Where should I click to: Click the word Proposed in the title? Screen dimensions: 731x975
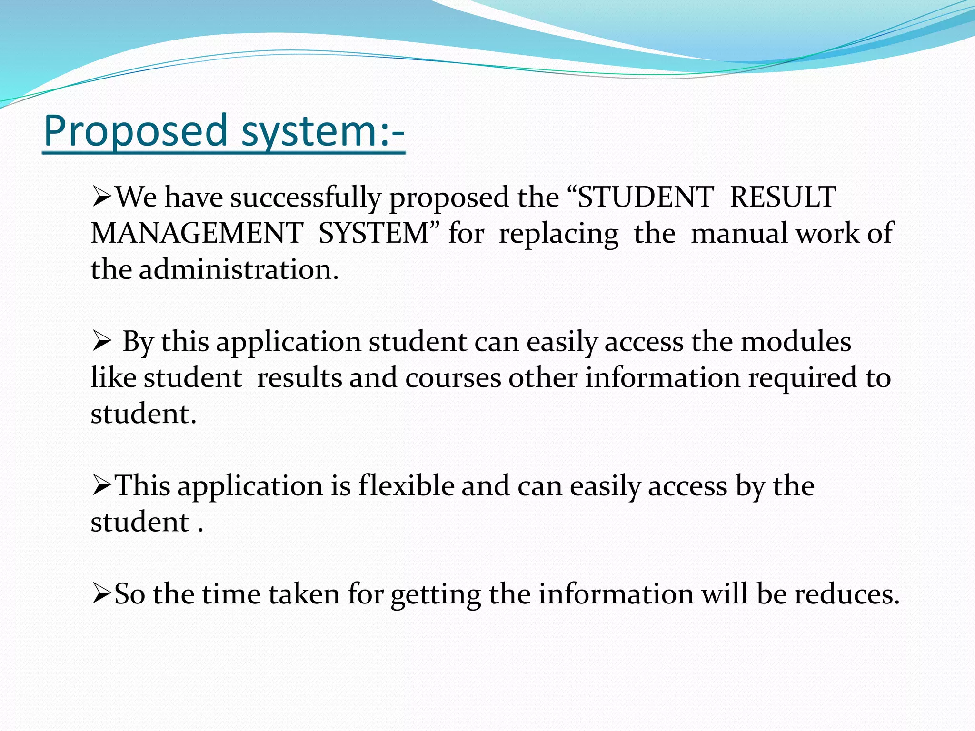pyautogui.click(x=136, y=131)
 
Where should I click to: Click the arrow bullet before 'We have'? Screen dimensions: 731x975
pyautogui.click(x=101, y=197)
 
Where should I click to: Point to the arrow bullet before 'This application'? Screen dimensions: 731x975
pyautogui.click(x=101, y=486)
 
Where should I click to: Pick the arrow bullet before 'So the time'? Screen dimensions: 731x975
pyautogui.click(x=101, y=594)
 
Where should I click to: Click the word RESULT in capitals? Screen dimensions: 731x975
pyautogui.click(x=783, y=197)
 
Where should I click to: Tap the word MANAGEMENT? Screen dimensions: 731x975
pyautogui.click(x=197, y=233)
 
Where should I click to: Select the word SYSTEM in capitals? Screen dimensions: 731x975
pyautogui.click(x=374, y=233)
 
